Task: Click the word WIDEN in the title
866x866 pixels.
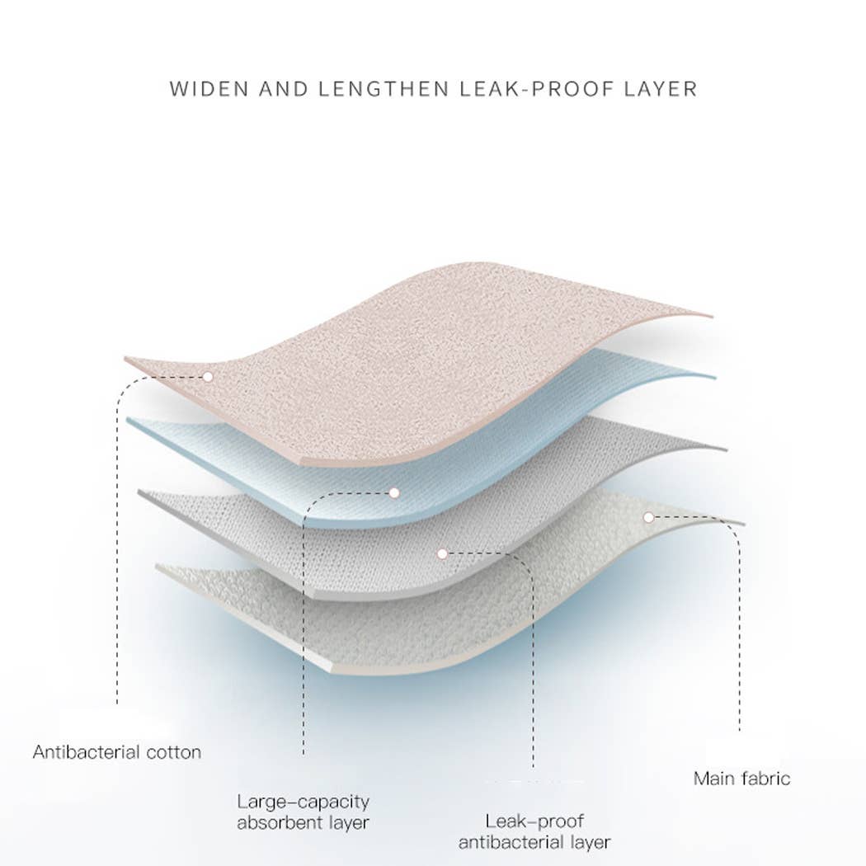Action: pos(209,89)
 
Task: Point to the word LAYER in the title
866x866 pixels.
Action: pos(661,89)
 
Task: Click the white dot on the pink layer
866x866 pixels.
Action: pos(208,377)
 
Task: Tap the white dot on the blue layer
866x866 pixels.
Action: pos(394,492)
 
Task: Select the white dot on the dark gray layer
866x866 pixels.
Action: pos(442,553)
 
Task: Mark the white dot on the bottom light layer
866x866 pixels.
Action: pos(648,517)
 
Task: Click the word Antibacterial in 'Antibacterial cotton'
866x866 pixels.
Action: pos(86,752)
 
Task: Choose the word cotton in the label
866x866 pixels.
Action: pos(174,753)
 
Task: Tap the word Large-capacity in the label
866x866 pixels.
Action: pos(304,802)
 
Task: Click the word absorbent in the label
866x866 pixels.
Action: pos(280,823)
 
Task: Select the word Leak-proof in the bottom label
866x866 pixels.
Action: pos(534,821)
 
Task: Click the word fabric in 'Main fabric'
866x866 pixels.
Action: pos(766,779)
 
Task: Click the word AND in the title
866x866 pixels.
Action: pos(284,89)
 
